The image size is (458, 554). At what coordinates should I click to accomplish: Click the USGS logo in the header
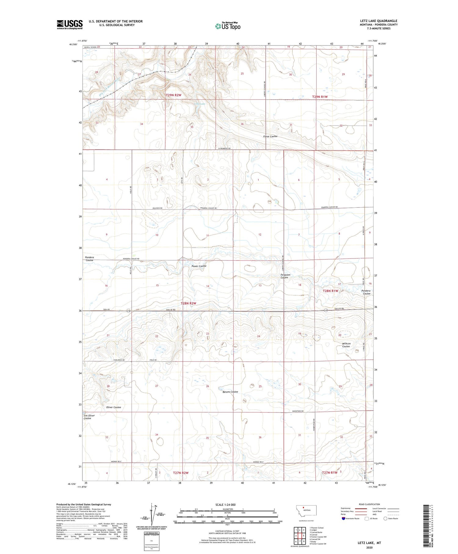(x=70, y=24)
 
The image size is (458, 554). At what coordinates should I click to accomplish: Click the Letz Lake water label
(x=200, y=104)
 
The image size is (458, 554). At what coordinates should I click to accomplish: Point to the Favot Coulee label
(x=270, y=136)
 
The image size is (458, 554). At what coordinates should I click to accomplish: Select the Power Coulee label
(x=199, y=266)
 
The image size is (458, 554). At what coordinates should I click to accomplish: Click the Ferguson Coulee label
(x=285, y=276)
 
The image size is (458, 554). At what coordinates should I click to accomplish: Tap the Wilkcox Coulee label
(x=346, y=345)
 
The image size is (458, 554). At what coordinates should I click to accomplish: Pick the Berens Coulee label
(x=228, y=392)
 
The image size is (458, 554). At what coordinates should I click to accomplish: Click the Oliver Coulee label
(x=113, y=407)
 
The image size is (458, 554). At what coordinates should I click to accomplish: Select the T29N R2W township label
(x=173, y=95)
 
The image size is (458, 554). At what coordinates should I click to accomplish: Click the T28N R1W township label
(x=330, y=291)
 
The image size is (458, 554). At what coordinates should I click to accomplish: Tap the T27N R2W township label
(x=181, y=473)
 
